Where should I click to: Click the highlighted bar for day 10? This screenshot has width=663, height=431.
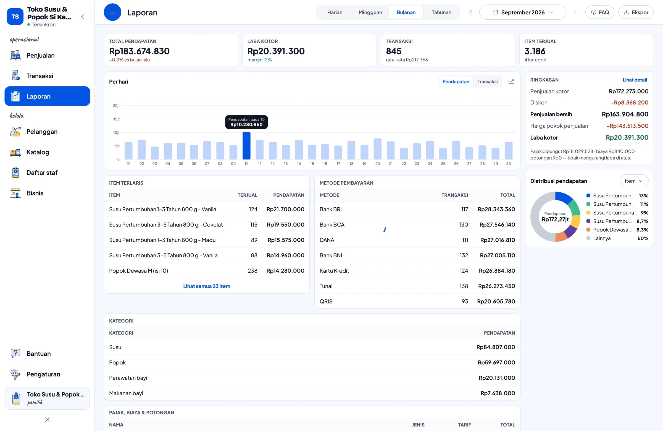click(246, 145)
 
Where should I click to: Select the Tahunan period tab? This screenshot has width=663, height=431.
click(441, 12)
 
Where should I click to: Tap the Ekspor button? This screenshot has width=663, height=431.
click(636, 12)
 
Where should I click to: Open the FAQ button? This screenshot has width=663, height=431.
click(599, 12)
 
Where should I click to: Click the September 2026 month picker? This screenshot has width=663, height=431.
click(522, 12)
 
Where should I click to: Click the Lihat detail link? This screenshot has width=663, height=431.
click(635, 80)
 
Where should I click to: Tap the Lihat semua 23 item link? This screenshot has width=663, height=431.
click(207, 286)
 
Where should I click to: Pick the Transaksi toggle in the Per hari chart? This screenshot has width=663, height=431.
click(487, 81)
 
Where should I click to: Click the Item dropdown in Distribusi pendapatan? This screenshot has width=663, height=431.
click(633, 181)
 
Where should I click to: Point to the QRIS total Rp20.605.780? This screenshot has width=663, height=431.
click(496, 301)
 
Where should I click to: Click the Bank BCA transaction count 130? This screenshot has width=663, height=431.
click(463, 225)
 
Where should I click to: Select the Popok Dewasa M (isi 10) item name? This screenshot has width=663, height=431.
click(138, 271)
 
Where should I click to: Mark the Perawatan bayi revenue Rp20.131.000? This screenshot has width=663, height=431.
click(497, 378)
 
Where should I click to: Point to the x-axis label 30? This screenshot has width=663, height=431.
click(508, 164)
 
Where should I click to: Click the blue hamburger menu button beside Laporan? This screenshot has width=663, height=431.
click(112, 12)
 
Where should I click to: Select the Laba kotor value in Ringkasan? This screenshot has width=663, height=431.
click(627, 137)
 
